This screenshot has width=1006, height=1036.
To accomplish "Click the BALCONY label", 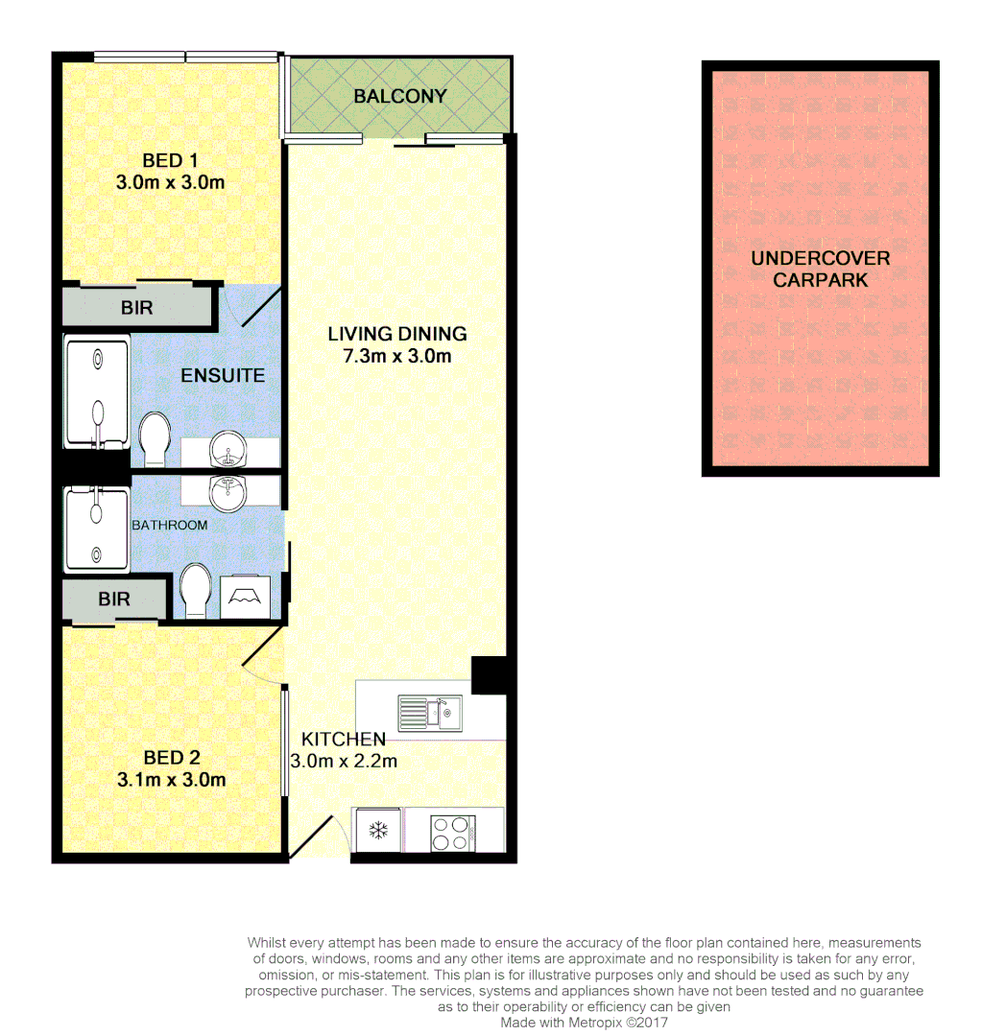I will pos(399,96).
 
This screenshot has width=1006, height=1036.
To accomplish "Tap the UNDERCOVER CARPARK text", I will pos(820,269).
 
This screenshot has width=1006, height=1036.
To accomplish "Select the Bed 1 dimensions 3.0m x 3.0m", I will pos(170,181).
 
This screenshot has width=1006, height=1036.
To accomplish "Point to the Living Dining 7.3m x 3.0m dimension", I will pos(397,357).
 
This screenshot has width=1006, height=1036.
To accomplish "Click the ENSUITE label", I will pos(223,375).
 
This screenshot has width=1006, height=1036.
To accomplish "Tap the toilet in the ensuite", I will pos(155,438).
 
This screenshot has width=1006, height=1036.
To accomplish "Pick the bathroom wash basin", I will pos(228,493).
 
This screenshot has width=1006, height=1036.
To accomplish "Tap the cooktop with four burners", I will pos(452,831).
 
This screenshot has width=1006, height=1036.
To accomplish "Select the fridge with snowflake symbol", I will pos(378,831).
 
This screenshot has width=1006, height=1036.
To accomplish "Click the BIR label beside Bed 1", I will pos(136,309).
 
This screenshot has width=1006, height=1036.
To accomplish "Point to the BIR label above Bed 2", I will pos(113,599).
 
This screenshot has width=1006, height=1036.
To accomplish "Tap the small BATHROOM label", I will pos(169,525).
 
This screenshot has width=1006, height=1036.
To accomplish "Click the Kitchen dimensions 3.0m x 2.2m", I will pos(344,761).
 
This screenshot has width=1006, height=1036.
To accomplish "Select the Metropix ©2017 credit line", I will pos(584,1023).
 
